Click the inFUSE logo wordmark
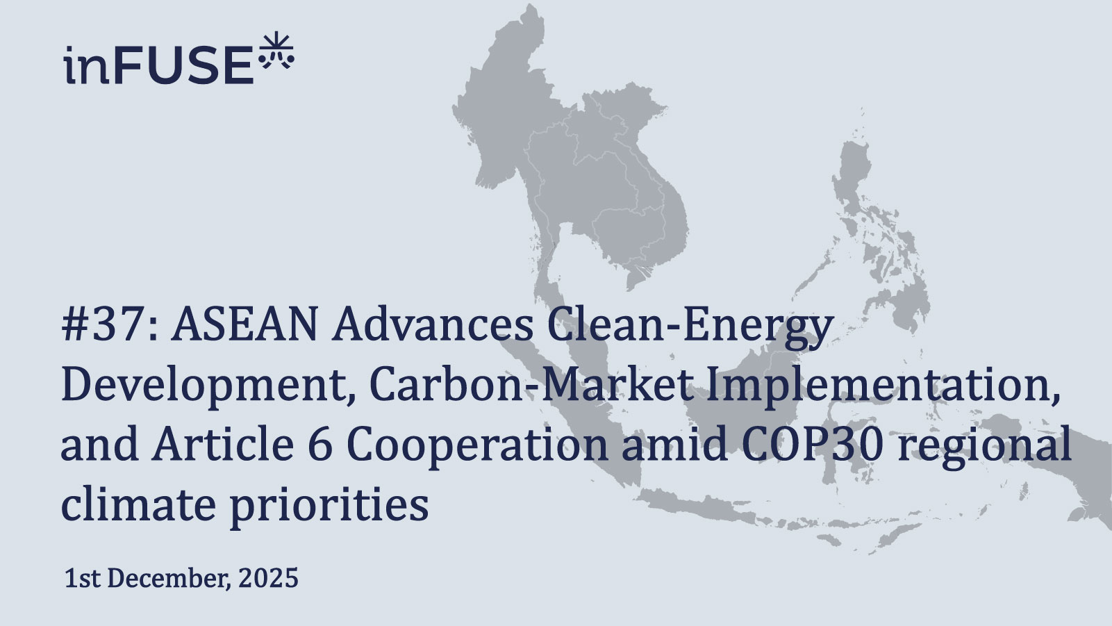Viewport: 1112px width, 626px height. (x=158, y=65)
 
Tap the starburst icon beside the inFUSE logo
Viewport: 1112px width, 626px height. (x=276, y=51)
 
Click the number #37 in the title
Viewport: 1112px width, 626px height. (x=104, y=325)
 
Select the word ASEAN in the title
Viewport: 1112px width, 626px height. (x=244, y=325)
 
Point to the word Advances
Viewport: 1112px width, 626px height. (x=433, y=325)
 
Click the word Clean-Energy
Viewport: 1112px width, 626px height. (x=689, y=325)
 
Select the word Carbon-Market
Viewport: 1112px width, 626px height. (x=531, y=385)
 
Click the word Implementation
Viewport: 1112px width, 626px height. (x=882, y=385)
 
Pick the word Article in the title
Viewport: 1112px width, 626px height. (x=222, y=445)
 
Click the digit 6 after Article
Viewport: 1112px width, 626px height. (x=320, y=445)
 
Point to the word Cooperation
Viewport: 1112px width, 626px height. (x=476, y=445)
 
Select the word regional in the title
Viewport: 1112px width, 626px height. (x=984, y=445)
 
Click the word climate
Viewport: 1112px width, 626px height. (x=138, y=504)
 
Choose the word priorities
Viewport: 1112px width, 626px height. (x=329, y=504)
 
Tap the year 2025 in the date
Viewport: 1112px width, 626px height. (x=268, y=578)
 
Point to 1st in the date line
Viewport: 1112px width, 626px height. (x=82, y=578)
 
